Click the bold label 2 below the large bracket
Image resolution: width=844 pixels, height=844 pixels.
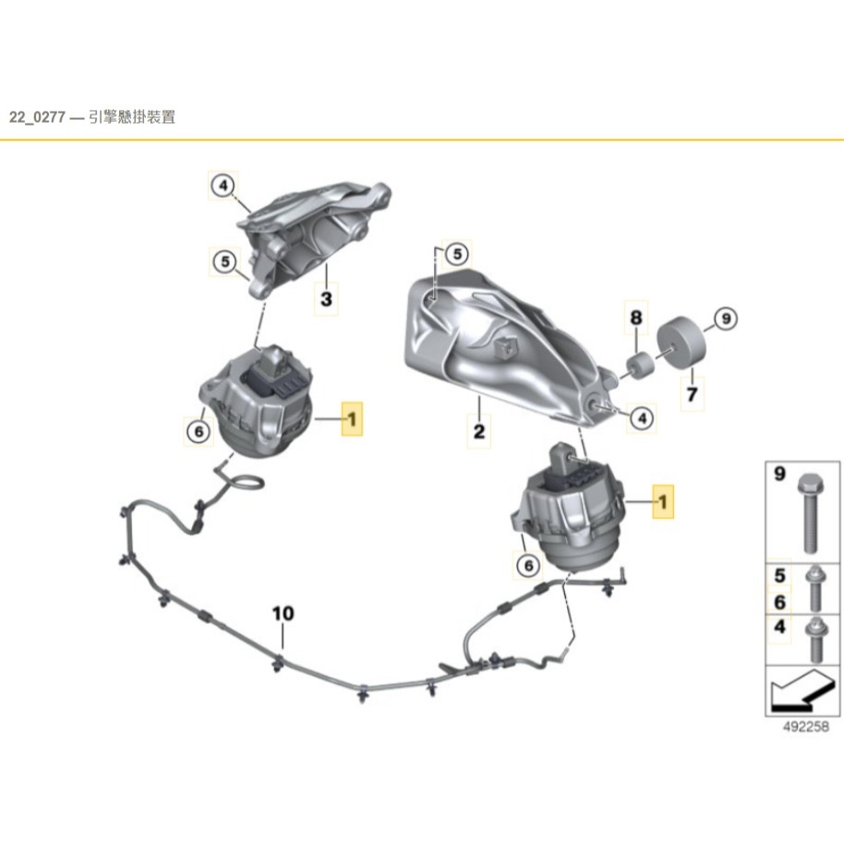479,430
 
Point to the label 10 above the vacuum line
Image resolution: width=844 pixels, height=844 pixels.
283,613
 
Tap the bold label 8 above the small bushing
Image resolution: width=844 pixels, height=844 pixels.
635,318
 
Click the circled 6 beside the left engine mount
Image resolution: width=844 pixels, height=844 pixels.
198,428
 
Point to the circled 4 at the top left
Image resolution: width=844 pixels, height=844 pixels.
222,186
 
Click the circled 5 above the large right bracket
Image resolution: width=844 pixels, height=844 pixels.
456,253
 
